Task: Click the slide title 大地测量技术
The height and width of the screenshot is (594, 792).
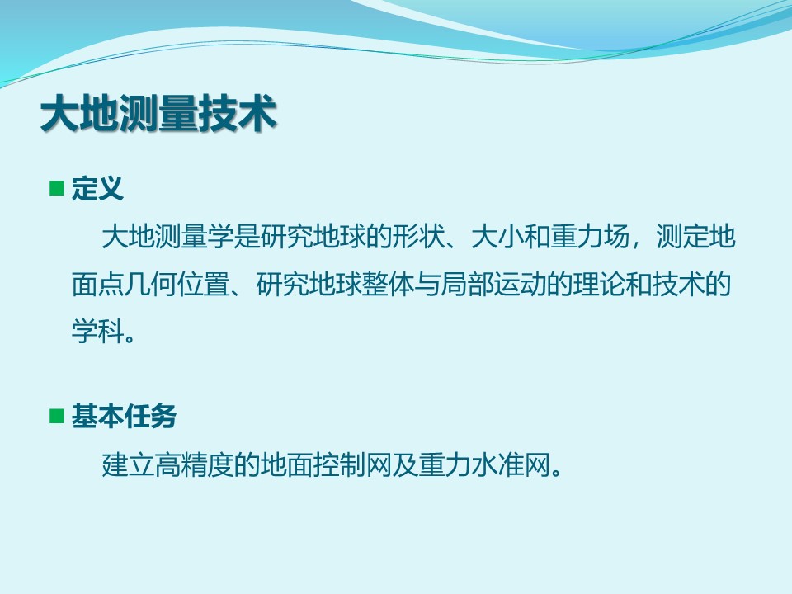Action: click(158, 113)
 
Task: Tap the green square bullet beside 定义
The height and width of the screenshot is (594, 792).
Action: click(57, 188)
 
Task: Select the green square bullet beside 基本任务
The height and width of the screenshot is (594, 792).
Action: click(57, 416)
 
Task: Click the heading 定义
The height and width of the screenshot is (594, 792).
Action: click(97, 188)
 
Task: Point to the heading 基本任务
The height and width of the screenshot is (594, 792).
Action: click(124, 416)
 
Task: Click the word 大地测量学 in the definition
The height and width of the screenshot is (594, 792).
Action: click(167, 237)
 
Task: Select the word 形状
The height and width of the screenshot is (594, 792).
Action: click(418, 237)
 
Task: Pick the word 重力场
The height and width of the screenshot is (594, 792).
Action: click(589, 237)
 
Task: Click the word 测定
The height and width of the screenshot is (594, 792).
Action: click(683, 237)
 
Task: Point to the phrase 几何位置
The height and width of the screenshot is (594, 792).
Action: click(177, 284)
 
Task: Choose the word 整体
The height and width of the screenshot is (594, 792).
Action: click(388, 284)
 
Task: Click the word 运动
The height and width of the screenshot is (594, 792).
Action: click(519, 284)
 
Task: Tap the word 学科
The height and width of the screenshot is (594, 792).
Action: click(97, 332)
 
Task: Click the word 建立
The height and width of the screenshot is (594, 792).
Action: click(129, 464)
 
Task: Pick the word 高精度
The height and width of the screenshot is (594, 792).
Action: click(194, 464)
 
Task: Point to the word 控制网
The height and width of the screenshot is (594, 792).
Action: click(352, 464)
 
